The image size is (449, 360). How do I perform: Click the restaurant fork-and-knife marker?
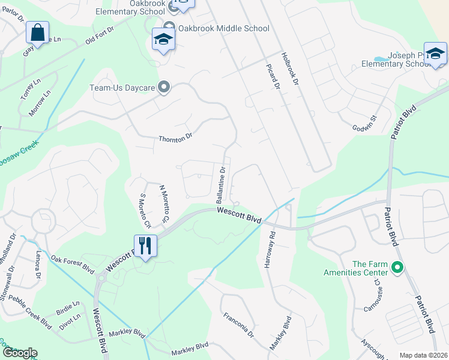click(145, 245)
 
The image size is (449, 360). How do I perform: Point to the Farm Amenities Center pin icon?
click(396, 267)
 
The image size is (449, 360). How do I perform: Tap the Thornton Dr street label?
click(175, 138)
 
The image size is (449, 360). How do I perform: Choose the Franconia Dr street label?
click(238, 325)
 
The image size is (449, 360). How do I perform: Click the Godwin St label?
click(364, 122)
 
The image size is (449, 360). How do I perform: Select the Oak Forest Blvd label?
click(73, 264)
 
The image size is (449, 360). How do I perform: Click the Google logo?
click(19, 353)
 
